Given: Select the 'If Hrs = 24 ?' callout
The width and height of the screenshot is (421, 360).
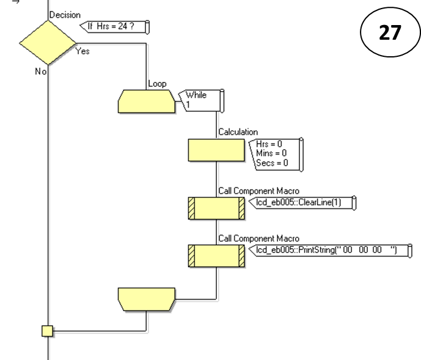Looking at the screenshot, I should pyautogui.click(x=115, y=26).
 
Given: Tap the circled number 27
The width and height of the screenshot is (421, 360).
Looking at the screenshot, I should pyautogui.click(x=389, y=32).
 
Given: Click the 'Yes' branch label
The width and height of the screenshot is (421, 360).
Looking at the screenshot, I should pyautogui.click(x=82, y=51).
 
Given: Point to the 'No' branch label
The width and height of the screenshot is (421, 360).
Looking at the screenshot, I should pyautogui.click(x=40, y=72).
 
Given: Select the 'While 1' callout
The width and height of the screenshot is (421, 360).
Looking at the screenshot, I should pyautogui.click(x=201, y=100).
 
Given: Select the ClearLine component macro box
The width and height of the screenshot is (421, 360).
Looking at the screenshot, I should pyautogui.click(x=216, y=208).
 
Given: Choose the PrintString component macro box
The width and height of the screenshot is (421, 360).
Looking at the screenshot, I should pyautogui.click(x=216, y=255).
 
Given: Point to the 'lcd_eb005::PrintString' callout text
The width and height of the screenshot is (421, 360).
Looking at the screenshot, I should pyautogui.click(x=327, y=250).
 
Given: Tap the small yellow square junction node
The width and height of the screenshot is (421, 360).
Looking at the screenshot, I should pyautogui.click(x=48, y=331).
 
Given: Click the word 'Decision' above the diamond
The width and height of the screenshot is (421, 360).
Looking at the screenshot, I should pyautogui.click(x=64, y=15).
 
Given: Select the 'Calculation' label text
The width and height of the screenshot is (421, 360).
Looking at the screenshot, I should pyautogui.click(x=238, y=132).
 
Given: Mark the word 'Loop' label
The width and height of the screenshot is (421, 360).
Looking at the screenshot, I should pyautogui.click(x=157, y=84).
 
